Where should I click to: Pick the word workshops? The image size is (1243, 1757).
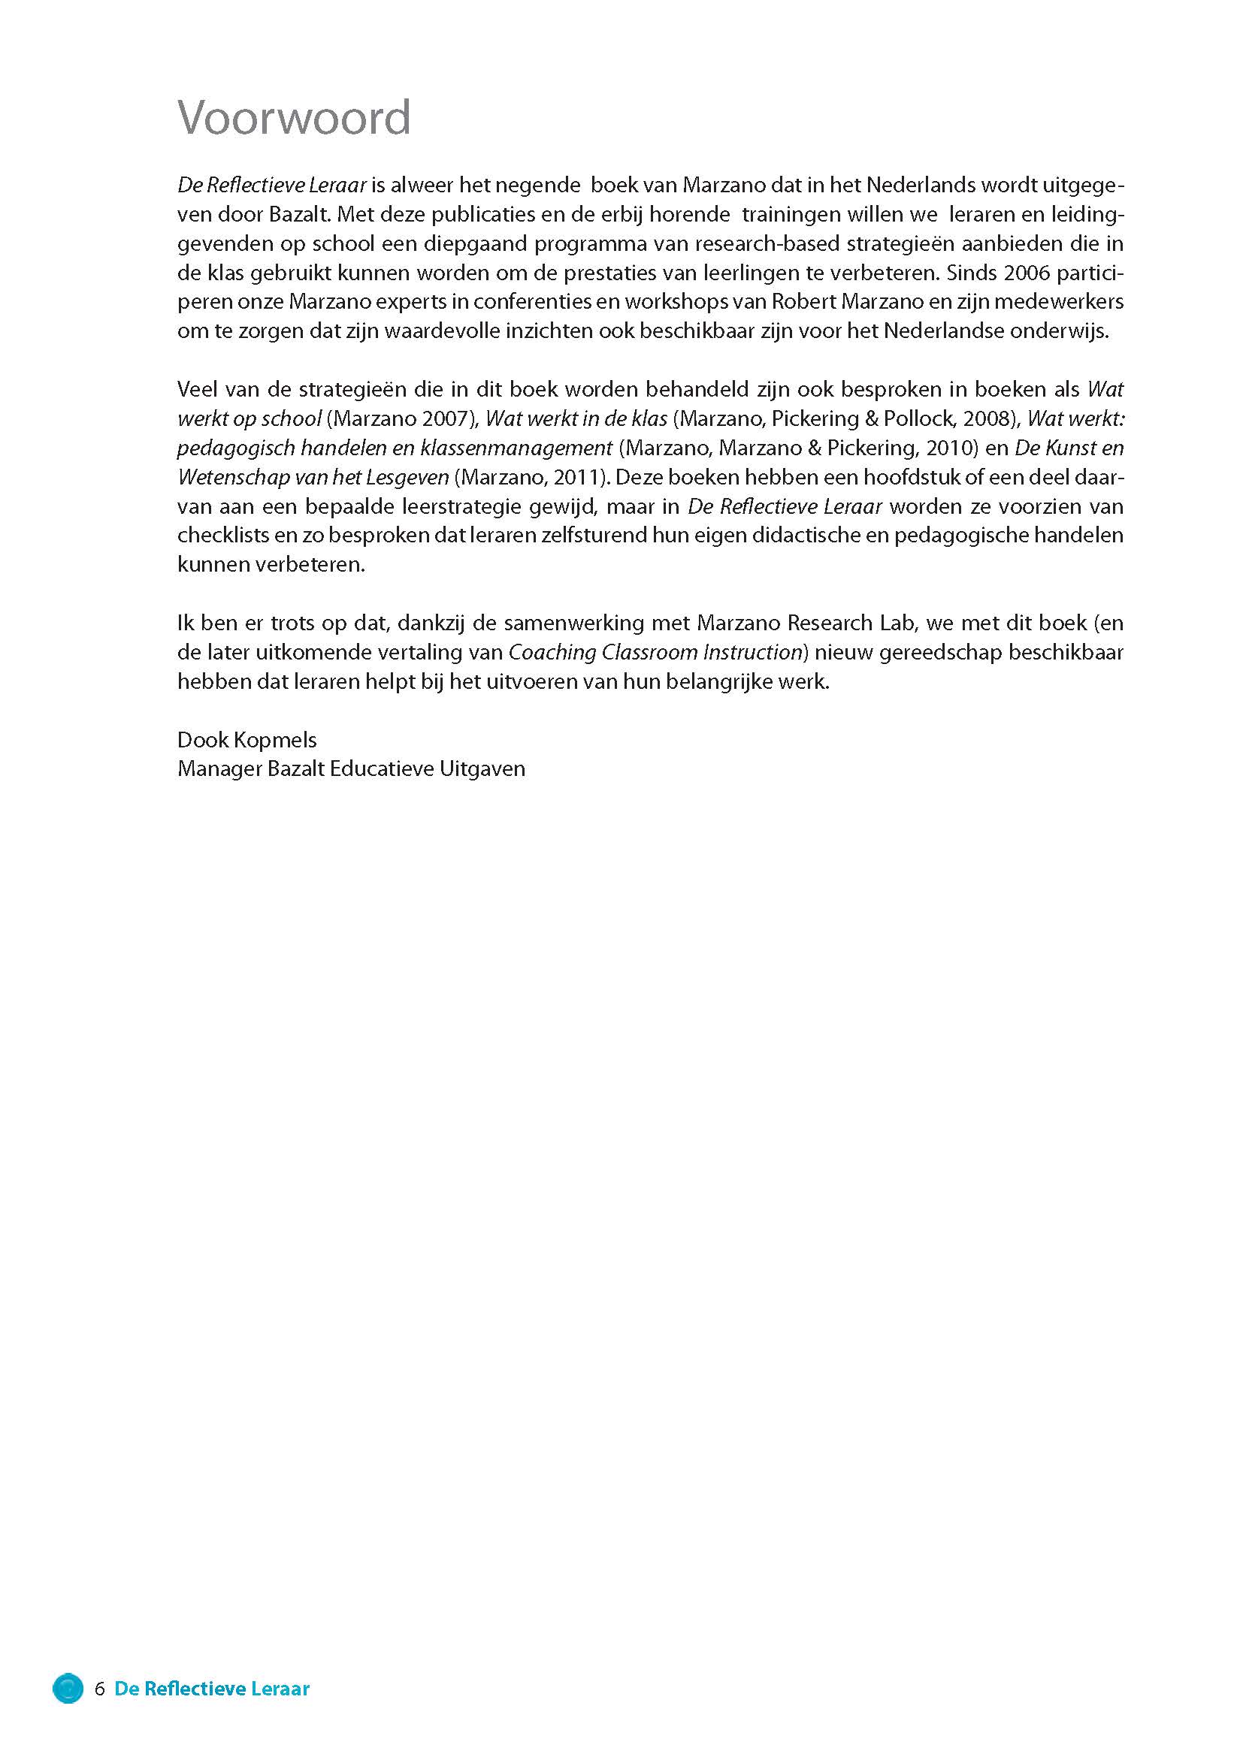tap(675, 301)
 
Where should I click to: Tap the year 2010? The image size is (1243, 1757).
tap(951, 448)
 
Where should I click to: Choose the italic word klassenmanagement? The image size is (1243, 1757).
tap(516, 448)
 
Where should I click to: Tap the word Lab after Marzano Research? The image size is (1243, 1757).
tap(900, 623)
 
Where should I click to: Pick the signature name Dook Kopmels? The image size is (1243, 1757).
tap(246, 739)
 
